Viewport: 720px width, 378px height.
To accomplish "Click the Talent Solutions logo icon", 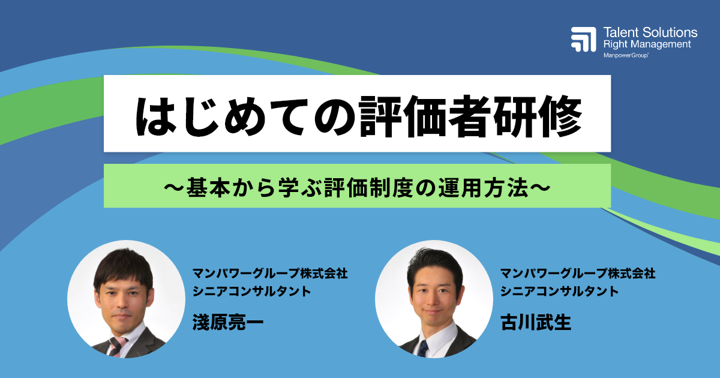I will click(583, 39).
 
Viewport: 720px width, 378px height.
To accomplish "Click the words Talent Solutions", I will click(650, 32).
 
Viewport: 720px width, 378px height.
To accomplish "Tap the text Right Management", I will click(647, 44).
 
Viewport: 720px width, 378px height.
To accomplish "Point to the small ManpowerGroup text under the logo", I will click(626, 55).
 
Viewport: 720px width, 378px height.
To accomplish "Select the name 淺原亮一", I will click(228, 322).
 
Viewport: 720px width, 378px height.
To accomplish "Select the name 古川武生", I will click(536, 322).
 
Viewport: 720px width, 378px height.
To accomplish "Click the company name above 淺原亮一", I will click(269, 274).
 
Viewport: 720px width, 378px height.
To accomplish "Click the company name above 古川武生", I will click(578, 274).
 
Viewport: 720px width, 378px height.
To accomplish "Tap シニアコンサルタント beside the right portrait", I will click(560, 292).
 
